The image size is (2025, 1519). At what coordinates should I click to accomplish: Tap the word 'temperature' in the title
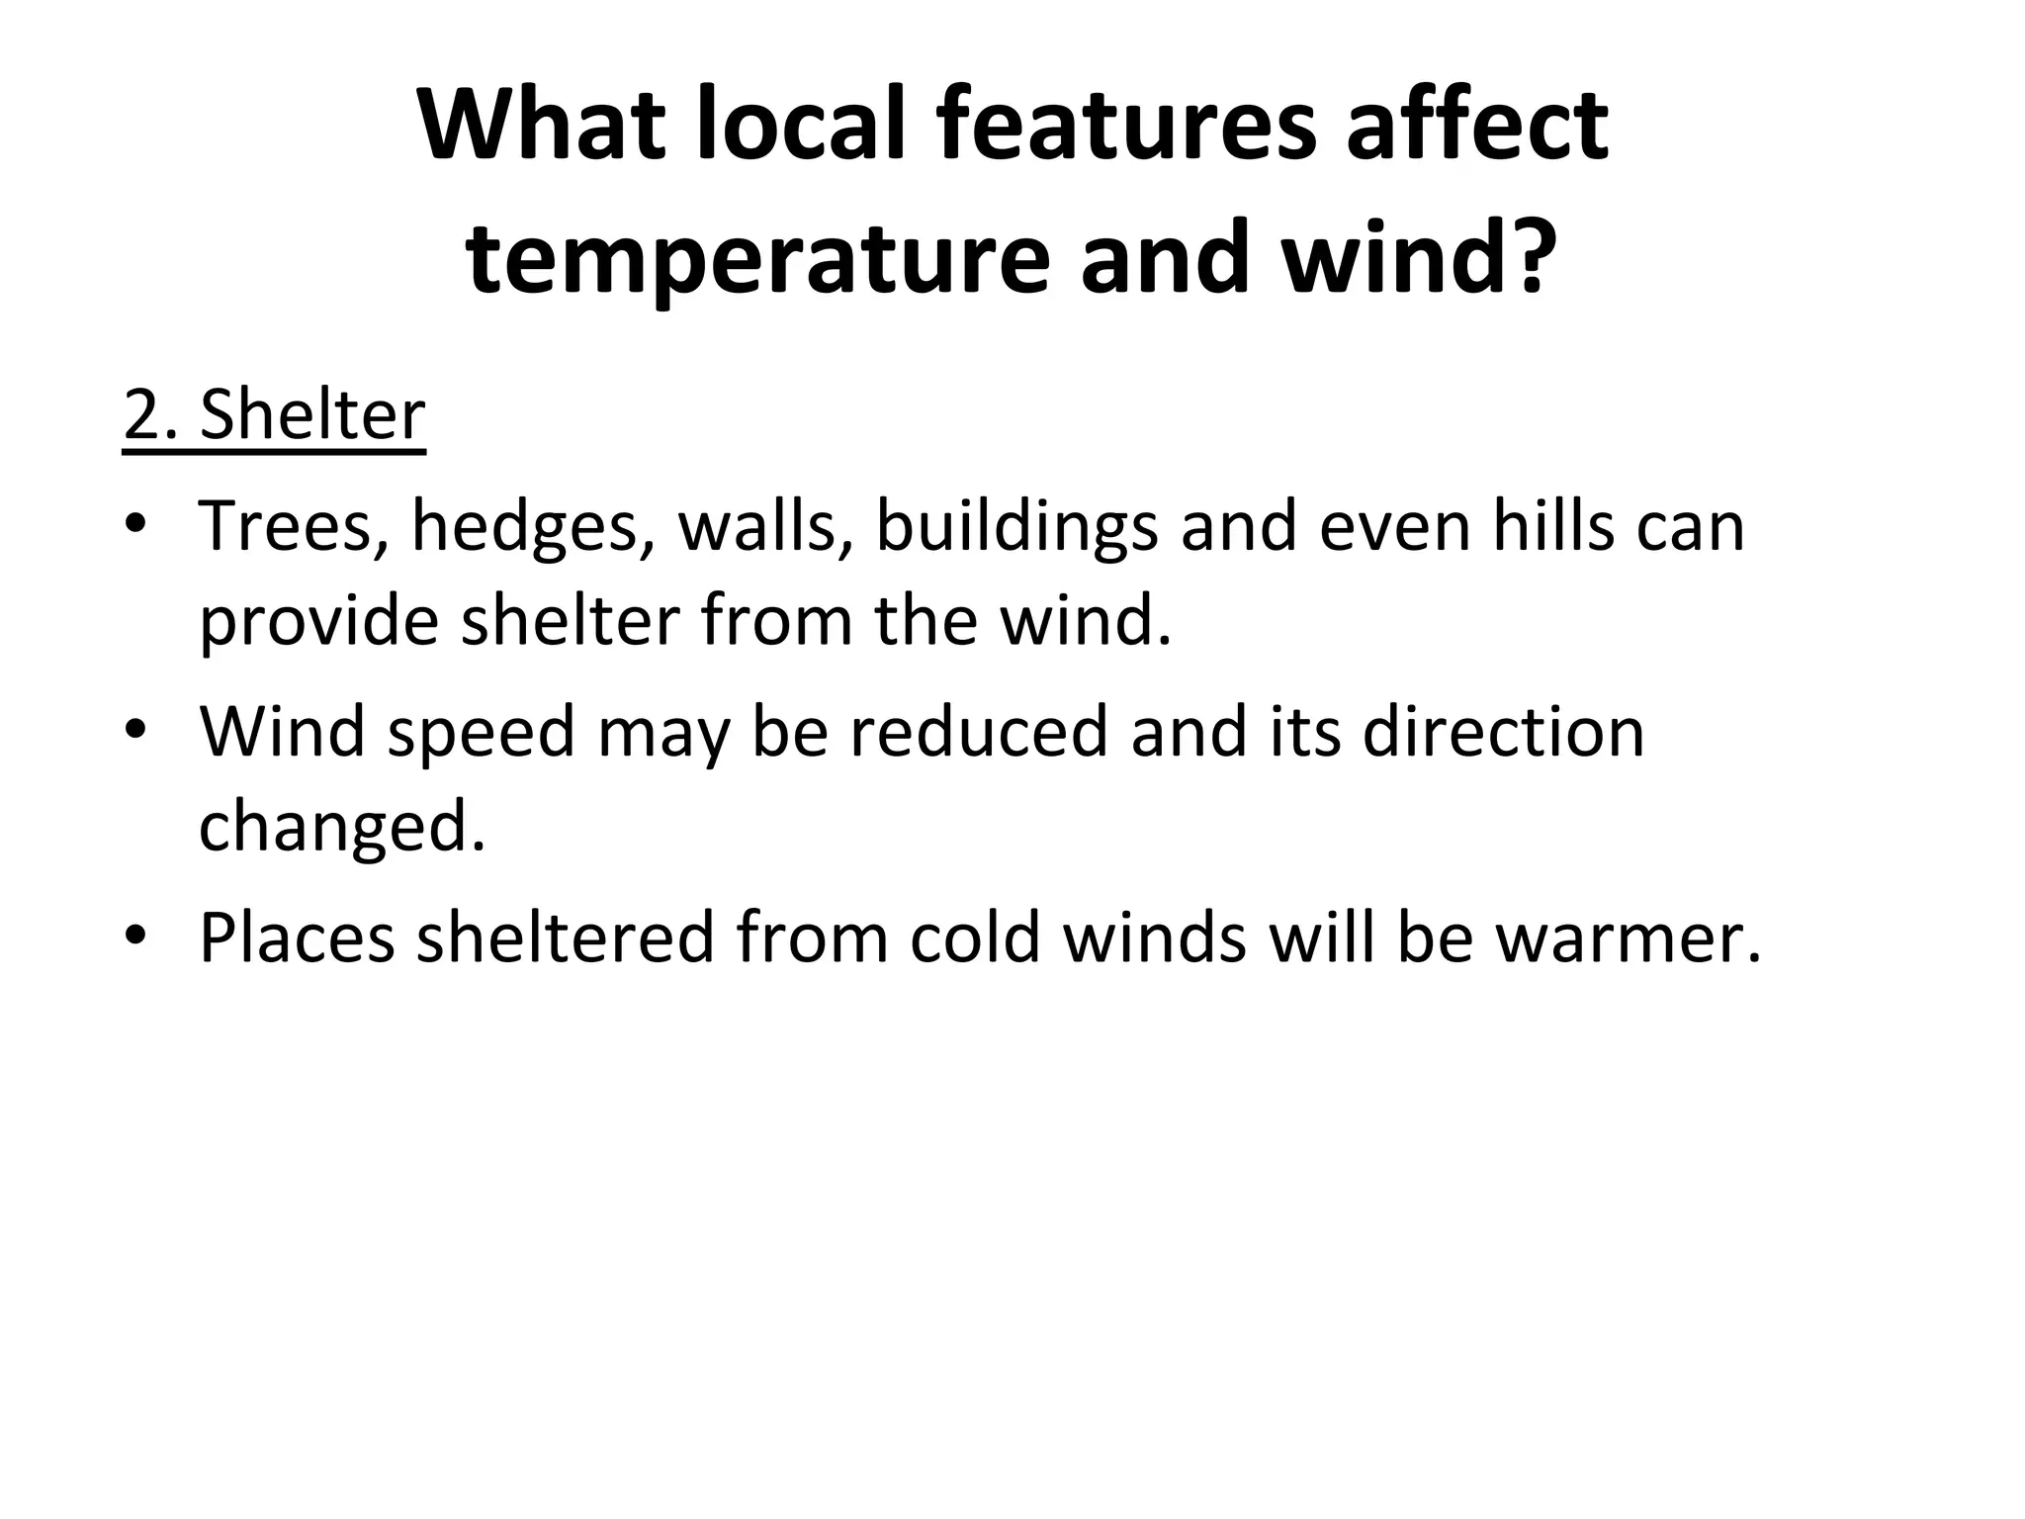pos(756,259)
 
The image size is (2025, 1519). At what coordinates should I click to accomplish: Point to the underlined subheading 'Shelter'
pos(311,416)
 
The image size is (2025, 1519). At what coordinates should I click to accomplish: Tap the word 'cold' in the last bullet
pos(974,938)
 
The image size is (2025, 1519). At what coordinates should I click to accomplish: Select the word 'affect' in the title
pos(1477,127)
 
